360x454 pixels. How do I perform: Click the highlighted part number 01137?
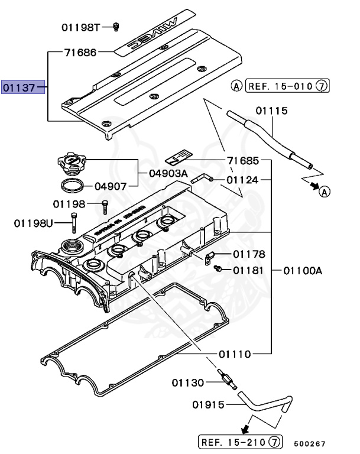tap(18, 89)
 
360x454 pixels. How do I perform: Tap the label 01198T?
tap(81, 27)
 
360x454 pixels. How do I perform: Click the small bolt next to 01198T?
tap(117, 26)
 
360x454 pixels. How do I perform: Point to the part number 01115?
tap(271, 111)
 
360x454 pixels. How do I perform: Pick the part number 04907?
tap(112, 186)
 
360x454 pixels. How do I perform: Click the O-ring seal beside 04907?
tap(72, 185)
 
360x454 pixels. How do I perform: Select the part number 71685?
tap(243, 161)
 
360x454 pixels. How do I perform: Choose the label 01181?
tap(248, 270)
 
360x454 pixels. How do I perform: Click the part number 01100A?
tap(302, 270)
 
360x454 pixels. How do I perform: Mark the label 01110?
tap(235, 354)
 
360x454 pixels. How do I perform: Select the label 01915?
tap(209, 405)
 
